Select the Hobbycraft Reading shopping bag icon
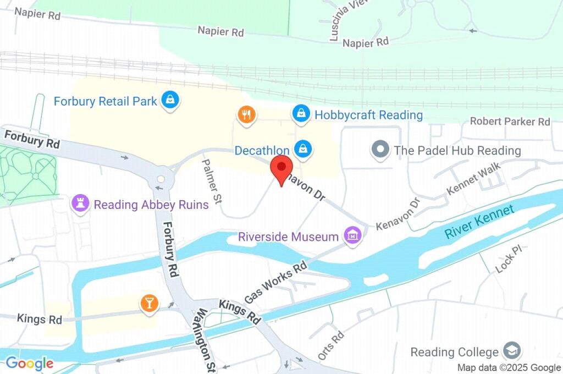pyautogui.click(x=301, y=114)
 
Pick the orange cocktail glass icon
pyautogui.click(x=148, y=302)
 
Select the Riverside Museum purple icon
pyautogui.click(x=352, y=236)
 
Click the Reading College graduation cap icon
pyautogui.click(x=512, y=350)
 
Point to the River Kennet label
pyautogui.click(x=479, y=221)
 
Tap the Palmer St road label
pyautogui.click(x=211, y=182)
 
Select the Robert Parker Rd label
pyautogui.click(x=510, y=121)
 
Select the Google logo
pyautogui.click(x=30, y=363)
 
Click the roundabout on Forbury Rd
pyautogui.click(x=161, y=179)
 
